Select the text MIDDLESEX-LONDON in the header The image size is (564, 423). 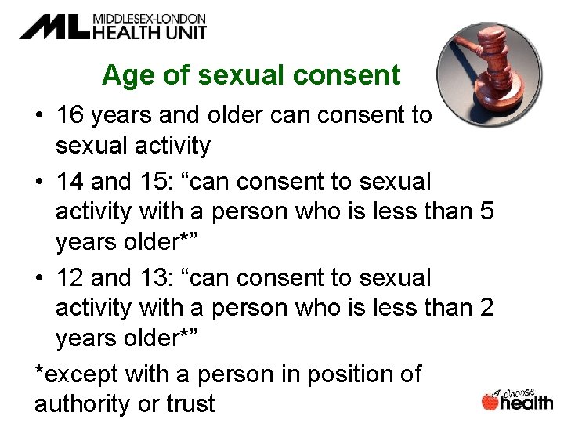tap(149, 18)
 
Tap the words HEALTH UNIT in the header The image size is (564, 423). tap(149, 32)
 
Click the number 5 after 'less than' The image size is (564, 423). tap(486, 212)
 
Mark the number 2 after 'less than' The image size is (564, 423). tap(486, 309)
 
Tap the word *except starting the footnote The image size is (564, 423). tap(76, 374)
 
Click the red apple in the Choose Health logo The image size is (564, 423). tap(491, 402)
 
